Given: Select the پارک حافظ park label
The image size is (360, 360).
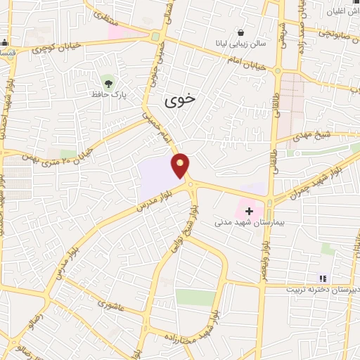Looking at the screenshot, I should [107, 93].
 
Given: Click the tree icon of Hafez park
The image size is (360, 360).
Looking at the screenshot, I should [107, 81].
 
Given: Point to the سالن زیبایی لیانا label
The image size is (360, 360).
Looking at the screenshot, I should [242, 44].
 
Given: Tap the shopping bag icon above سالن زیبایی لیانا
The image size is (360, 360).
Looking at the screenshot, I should [242, 32].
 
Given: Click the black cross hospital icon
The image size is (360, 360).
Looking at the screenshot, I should [249, 210].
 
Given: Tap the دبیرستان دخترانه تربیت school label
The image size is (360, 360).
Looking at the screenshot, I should [322, 289].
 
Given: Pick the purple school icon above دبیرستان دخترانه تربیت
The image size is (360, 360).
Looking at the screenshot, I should [323, 278].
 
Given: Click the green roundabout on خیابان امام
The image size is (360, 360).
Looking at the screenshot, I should [155, 37].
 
